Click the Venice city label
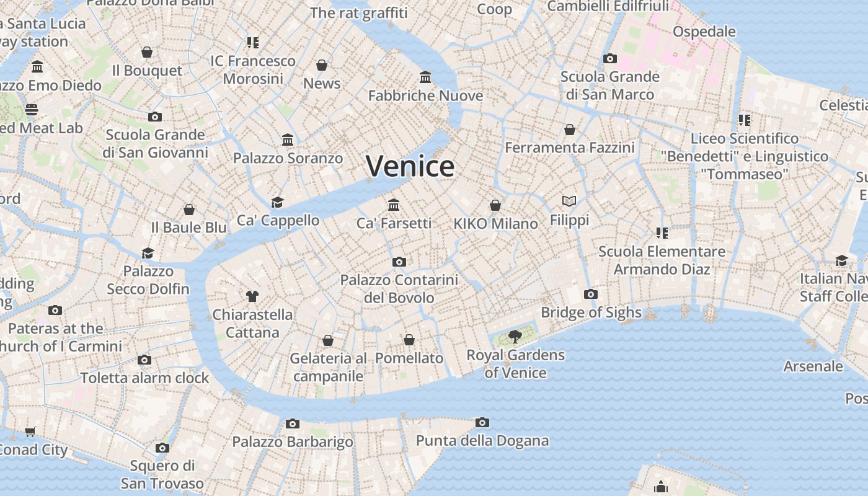tap(410, 166)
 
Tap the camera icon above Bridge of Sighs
tap(591, 294)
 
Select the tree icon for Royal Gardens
tap(515, 337)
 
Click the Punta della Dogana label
tap(482, 441)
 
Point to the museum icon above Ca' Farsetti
tap(394, 205)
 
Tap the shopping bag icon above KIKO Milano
tap(495, 205)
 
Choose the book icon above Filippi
tap(569, 201)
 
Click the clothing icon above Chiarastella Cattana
tap(252, 296)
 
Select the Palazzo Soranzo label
tap(288, 158)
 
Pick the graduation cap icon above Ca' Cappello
tap(277, 202)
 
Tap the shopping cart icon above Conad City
tap(30, 432)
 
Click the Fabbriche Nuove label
tap(425, 95)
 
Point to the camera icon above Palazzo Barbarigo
tap(293, 423)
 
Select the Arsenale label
tap(813, 366)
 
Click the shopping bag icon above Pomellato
tap(409, 340)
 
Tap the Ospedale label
tap(704, 32)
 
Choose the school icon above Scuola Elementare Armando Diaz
tap(662, 232)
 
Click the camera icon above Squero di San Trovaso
tap(162, 447)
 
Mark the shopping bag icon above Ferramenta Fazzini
tap(570, 130)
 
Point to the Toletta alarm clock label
tap(144, 378)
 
